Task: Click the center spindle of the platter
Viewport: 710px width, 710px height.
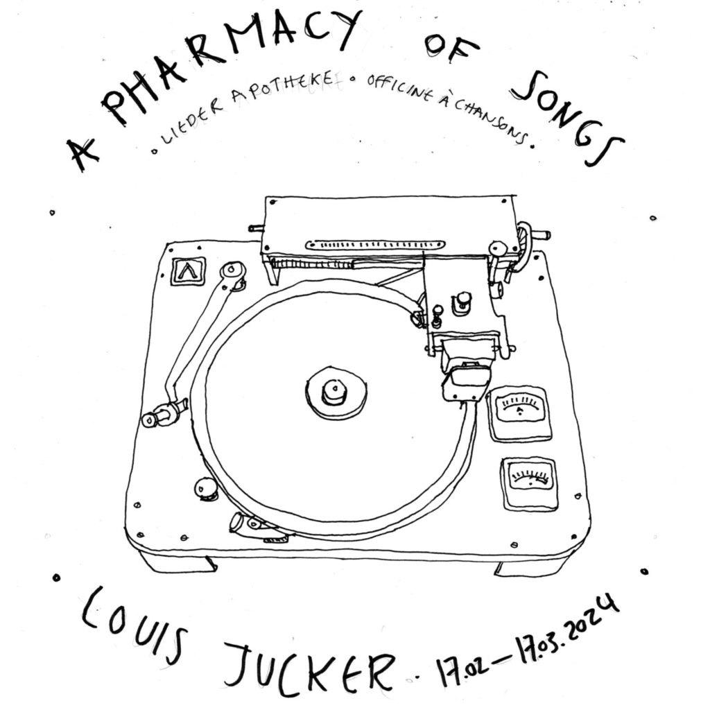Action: [335, 392]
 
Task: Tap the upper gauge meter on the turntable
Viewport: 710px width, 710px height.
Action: [519, 413]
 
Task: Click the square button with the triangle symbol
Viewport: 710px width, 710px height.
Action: [189, 271]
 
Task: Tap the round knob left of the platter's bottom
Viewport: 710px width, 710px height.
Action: [205, 488]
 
